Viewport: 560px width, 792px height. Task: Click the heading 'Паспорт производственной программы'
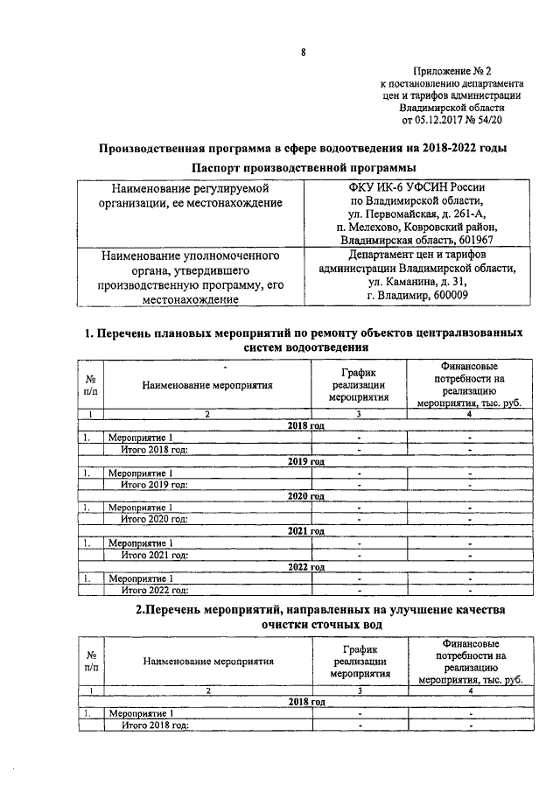coord(302,167)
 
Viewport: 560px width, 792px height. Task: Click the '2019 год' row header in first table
coord(306,461)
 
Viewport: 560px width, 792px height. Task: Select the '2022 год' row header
coord(306,566)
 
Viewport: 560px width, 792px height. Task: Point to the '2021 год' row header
coord(306,531)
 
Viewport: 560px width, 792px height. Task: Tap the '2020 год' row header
coord(306,496)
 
